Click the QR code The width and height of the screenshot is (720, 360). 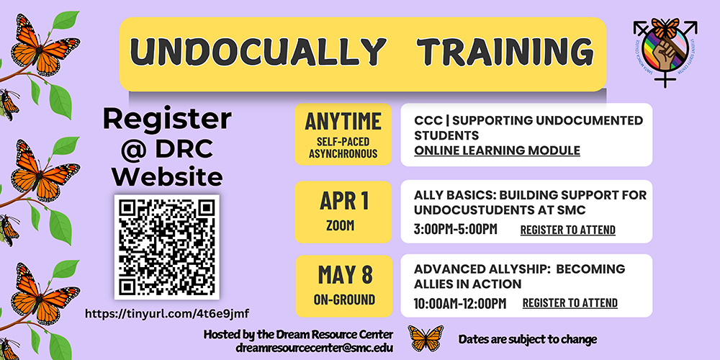[x=167, y=246]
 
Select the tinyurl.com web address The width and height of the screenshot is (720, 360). [x=167, y=313]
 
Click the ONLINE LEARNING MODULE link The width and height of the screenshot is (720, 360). [x=497, y=150]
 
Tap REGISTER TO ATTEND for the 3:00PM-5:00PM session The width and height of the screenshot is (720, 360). [x=567, y=230]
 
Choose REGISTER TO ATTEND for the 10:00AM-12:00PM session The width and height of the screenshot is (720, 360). [x=570, y=303]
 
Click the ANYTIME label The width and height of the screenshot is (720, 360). [x=343, y=120]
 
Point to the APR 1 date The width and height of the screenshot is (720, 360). [x=343, y=200]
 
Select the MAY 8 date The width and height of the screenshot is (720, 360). [x=343, y=274]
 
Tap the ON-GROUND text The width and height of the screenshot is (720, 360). [x=343, y=299]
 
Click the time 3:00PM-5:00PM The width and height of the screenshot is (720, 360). [x=455, y=230]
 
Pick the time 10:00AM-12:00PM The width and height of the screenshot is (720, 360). [x=459, y=303]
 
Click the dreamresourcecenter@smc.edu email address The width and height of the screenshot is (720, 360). [x=297, y=348]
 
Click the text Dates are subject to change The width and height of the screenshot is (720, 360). [x=528, y=339]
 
